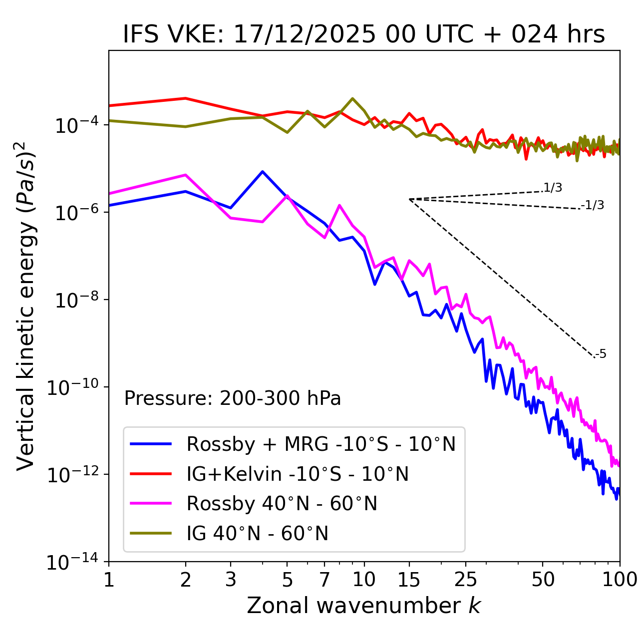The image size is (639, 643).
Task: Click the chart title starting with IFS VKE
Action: (364, 34)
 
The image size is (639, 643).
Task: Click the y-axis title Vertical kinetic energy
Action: (26, 306)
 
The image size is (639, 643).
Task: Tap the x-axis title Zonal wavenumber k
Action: (364, 605)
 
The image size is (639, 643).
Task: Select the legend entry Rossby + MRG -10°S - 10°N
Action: (320, 444)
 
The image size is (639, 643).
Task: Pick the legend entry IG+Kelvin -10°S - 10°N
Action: (297, 474)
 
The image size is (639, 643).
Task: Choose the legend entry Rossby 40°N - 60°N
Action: (282, 504)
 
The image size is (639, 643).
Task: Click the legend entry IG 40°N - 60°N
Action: (257, 534)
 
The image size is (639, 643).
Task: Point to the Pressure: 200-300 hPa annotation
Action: (233, 398)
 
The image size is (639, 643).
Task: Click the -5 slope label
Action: (601, 354)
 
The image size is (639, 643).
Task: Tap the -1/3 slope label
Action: (593, 205)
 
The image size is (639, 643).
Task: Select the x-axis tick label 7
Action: (324, 580)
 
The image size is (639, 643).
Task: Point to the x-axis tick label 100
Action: (620, 580)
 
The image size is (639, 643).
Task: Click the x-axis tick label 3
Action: (230, 580)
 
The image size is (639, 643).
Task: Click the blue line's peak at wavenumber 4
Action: (263, 172)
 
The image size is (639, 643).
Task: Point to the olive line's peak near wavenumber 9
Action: (352, 98)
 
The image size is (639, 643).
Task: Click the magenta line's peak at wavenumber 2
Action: (186, 175)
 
